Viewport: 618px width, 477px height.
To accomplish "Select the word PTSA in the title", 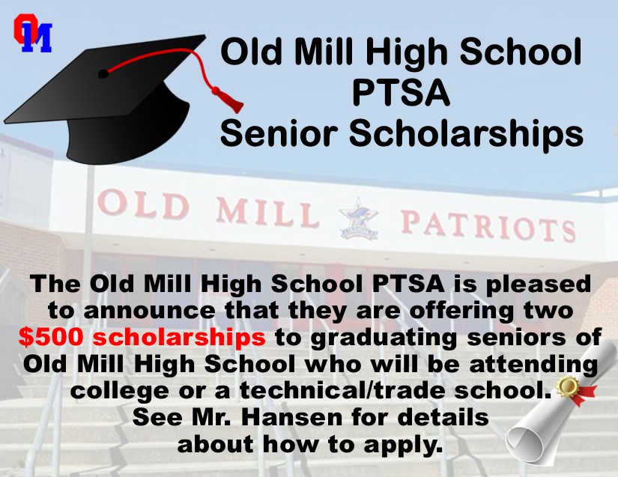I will click(x=401, y=94).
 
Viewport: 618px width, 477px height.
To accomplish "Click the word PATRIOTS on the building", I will click(x=488, y=225).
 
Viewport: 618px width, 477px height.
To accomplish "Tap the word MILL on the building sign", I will click(x=267, y=213).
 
